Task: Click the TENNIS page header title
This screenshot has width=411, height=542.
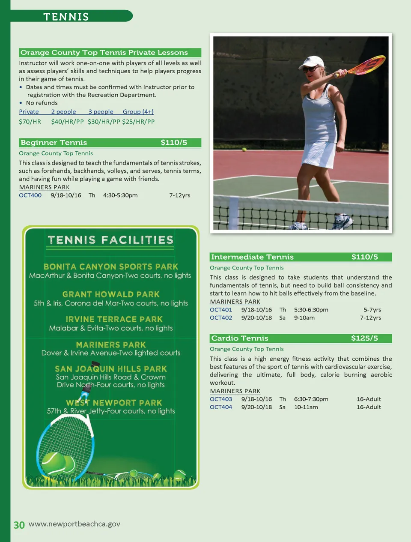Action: (x=66, y=17)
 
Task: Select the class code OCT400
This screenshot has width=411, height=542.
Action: (x=30, y=195)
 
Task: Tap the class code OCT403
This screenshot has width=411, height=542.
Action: (x=221, y=399)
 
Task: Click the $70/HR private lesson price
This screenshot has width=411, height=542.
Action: (x=30, y=122)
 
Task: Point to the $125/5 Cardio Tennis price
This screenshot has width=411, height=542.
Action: (x=364, y=338)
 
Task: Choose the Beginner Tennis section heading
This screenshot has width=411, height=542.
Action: (x=54, y=143)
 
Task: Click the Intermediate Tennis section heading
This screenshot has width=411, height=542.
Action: (x=252, y=257)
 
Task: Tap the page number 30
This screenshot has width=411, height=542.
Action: (x=19, y=525)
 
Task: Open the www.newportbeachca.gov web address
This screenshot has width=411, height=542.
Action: (x=74, y=524)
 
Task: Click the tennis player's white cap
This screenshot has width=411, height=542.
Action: (x=312, y=62)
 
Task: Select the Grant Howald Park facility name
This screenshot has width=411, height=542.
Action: (x=111, y=294)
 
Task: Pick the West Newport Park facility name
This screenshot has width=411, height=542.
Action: (x=114, y=403)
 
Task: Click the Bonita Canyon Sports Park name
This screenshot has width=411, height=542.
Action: (x=111, y=267)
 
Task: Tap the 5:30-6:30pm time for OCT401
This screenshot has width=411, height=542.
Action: (x=311, y=310)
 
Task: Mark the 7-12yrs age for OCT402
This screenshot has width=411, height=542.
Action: (x=370, y=318)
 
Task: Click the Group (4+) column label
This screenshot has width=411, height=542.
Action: (x=138, y=112)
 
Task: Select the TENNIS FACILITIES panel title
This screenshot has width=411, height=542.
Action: (x=110, y=240)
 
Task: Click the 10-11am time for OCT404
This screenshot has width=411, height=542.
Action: (x=306, y=407)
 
